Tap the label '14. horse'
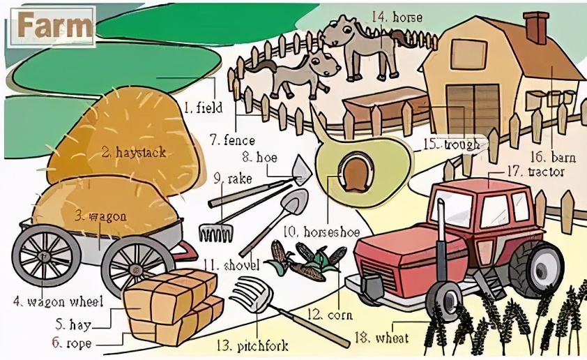pos(397,17)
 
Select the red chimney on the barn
pos(537,27)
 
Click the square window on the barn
pos(468,54)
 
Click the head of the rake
pos(215,232)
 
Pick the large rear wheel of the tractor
pos(537,268)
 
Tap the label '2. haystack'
pos(134,153)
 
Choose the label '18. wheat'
pos(381,338)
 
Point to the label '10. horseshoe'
pos(321,232)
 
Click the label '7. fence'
pos(232,140)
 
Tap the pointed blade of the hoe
pos(302,170)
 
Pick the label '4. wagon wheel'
pos(59,301)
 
